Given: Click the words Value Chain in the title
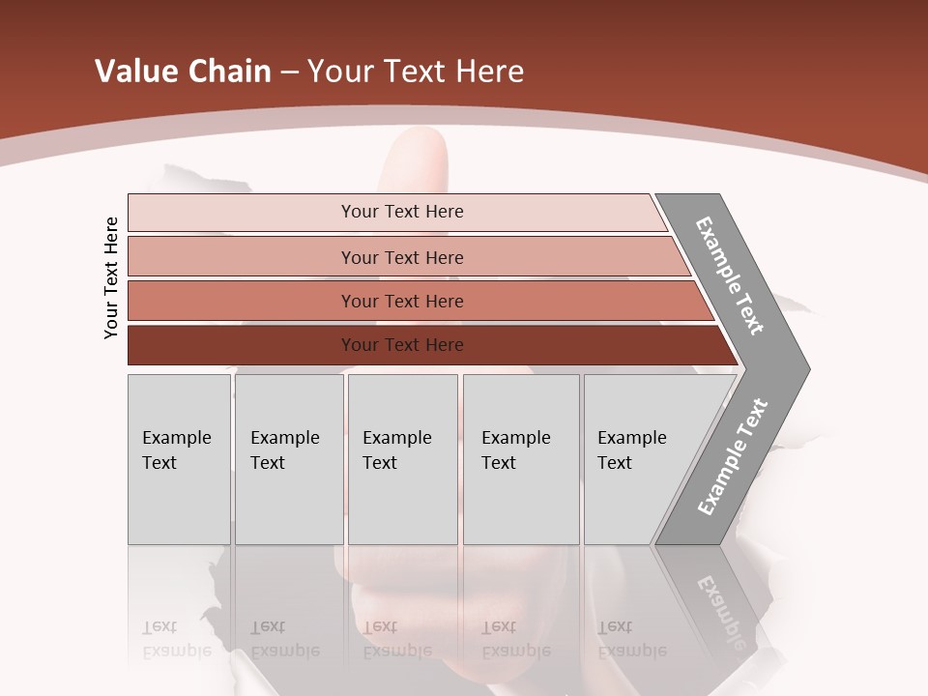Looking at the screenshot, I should [x=183, y=71].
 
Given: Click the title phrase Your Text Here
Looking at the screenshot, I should [x=416, y=71].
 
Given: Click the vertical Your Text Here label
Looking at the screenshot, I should [x=111, y=277].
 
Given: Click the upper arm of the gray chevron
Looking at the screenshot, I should [x=730, y=275].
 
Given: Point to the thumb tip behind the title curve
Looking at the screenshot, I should [x=418, y=145].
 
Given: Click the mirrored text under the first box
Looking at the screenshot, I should [x=177, y=639].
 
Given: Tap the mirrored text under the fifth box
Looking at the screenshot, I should [x=631, y=639].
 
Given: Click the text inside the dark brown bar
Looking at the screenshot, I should [x=402, y=345].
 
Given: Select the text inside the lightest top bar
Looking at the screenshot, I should [x=402, y=212].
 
